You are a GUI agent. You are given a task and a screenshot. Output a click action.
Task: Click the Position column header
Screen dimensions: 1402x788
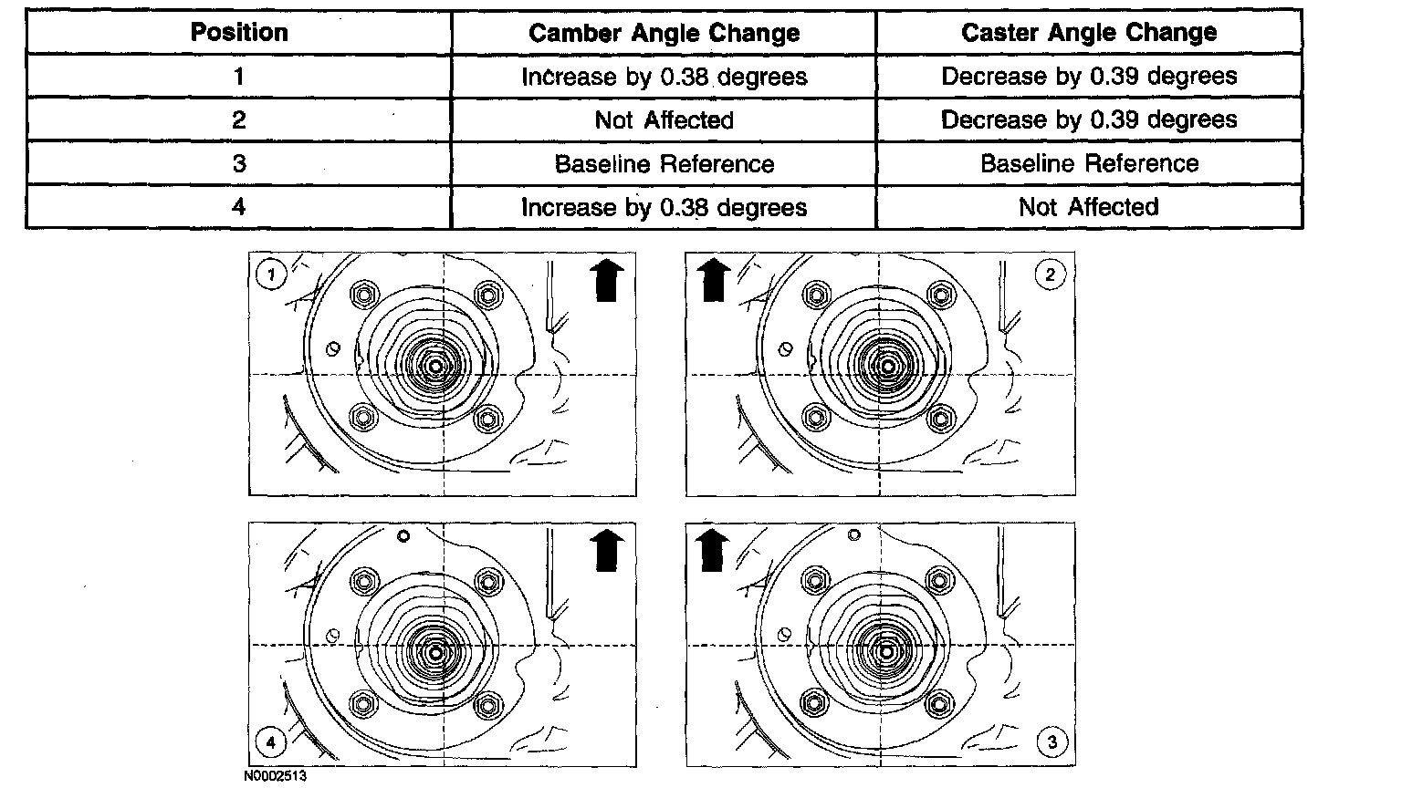click(x=239, y=32)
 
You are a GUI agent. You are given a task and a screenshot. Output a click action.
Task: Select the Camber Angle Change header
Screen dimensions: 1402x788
click(x=664, y=33)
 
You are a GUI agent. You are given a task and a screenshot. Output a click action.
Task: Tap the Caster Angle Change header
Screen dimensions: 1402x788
click(x=1089, y=32)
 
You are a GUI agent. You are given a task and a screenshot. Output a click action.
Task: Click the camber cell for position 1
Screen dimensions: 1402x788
click(x=664, y=77)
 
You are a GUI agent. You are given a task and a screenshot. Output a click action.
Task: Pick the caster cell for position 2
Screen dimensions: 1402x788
click(x=1089, y=119)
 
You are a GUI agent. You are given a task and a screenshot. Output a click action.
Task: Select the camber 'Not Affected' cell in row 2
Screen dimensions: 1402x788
click(x=664, y=119)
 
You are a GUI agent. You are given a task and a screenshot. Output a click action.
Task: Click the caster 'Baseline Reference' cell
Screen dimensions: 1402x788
click(x=1089, y=163)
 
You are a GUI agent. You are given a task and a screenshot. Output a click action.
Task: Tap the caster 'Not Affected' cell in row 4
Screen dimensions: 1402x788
click(x=1089, y=206)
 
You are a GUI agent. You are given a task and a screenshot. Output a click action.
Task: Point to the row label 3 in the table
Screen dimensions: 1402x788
click(x=239, y=163)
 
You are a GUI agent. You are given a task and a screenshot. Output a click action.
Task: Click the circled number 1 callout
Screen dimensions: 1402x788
click(x=271, y=275)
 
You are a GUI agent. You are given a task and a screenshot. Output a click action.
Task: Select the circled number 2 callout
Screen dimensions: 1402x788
click(x=1051, y=275)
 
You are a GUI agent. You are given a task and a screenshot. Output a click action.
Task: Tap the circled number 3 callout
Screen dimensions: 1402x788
click(x=1052, y=742)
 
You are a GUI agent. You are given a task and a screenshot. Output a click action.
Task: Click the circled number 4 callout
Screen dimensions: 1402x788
click(x=271, y=742)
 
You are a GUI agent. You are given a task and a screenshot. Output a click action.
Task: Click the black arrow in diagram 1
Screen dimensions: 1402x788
click(x=606, y=281)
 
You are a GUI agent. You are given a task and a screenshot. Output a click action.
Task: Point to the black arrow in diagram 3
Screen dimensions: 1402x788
click(x=712, y=550)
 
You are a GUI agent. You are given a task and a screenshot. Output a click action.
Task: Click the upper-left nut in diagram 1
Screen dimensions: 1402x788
click(x=364, y=295)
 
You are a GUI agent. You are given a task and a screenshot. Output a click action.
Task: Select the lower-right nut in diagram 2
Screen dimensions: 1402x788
click(x=941, y=418)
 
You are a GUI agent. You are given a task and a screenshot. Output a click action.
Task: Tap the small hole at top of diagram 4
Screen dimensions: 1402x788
click(x=403, y=536)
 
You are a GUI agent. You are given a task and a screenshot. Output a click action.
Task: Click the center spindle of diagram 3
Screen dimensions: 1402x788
click(x=885, y=652)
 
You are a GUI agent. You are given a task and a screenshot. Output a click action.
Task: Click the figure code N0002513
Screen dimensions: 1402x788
click(x=276, y=776)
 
